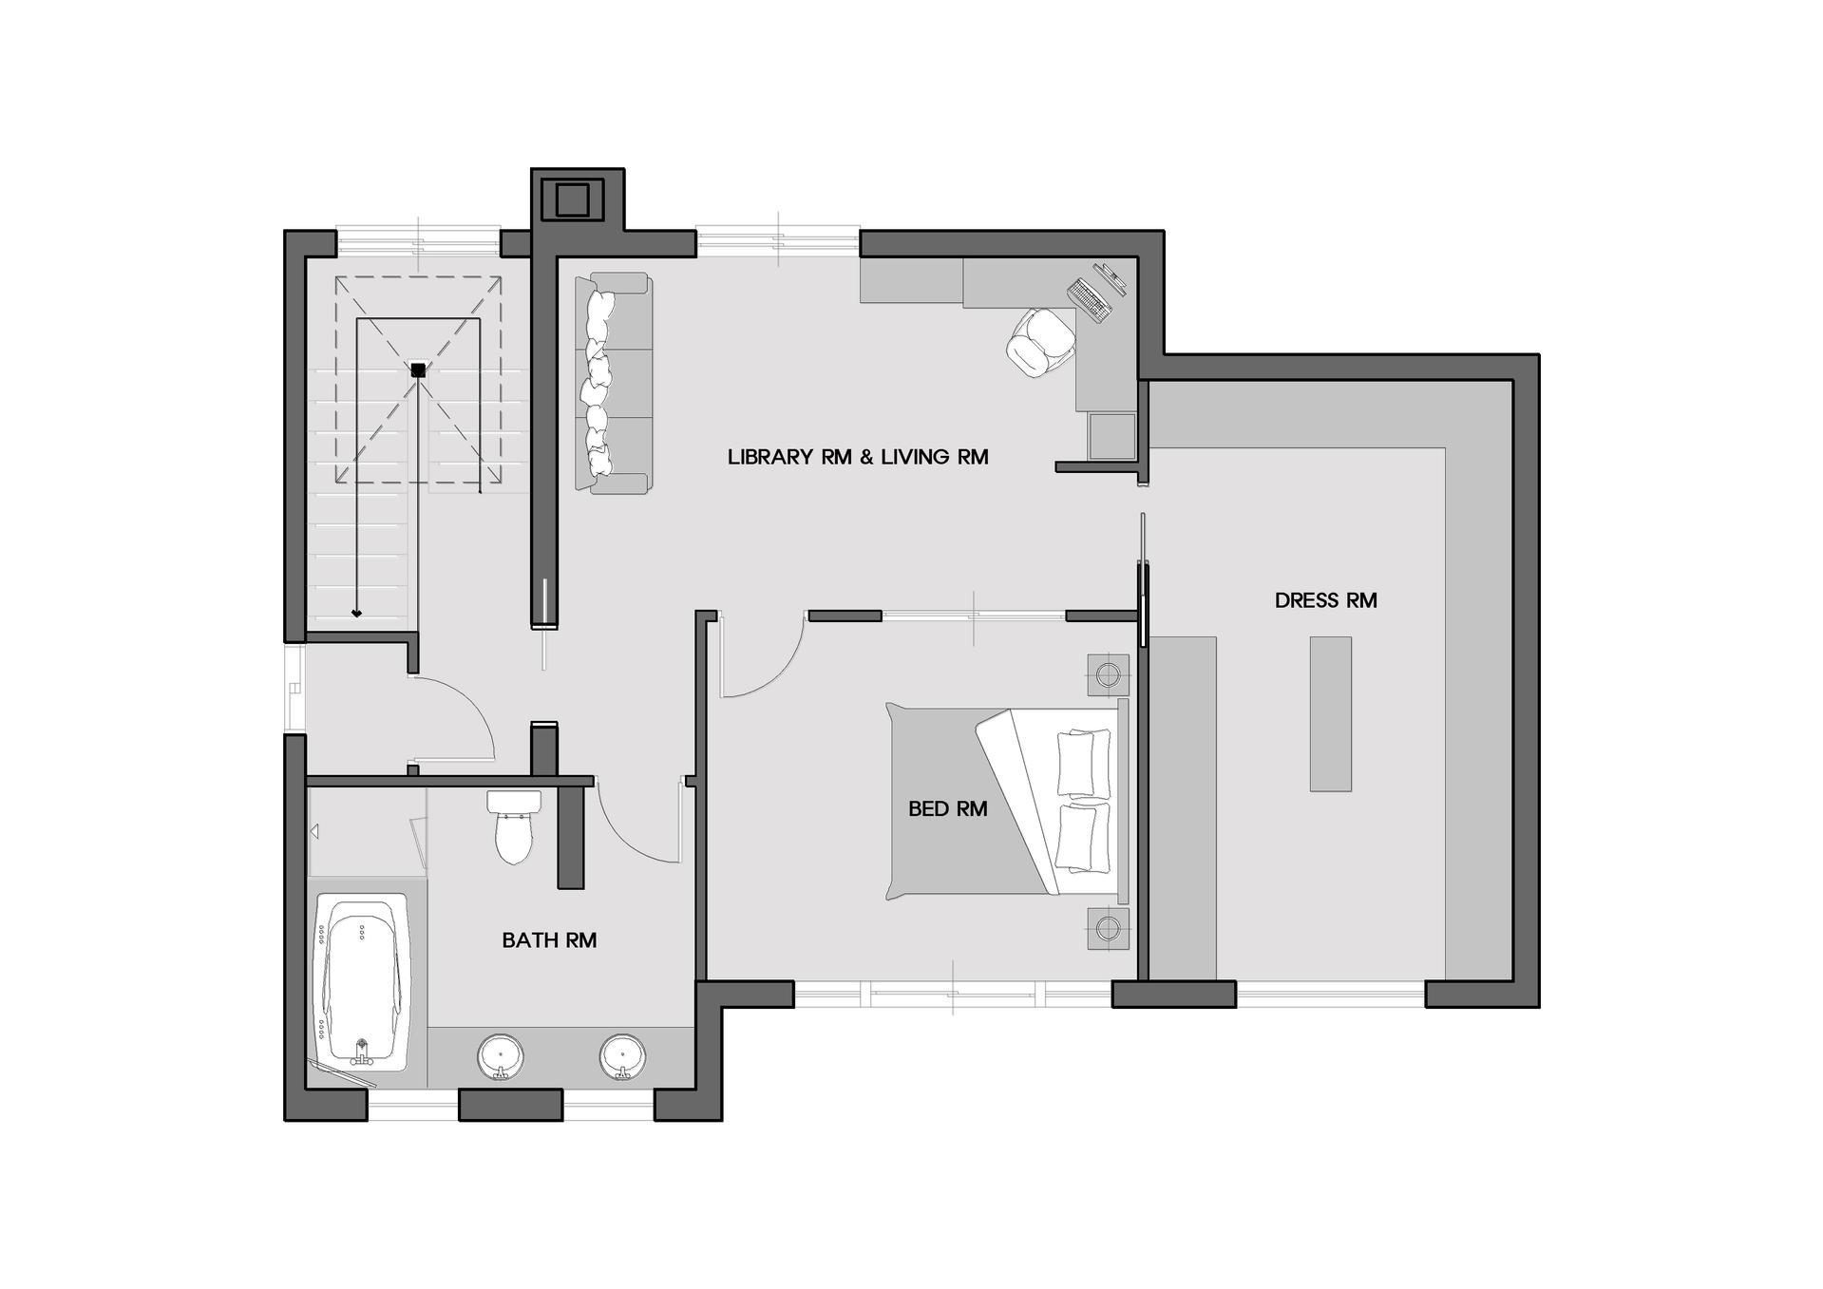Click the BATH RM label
[549, 940]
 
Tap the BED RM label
[947, 809]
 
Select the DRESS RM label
[1325, 600]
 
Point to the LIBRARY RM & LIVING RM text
[858, 457]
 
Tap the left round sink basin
[500, 1056]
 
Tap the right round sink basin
[622, 1056]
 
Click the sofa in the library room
[614, 383]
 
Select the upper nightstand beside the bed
[1109, 675]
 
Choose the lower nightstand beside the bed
[1109, 928]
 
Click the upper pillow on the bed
[1084, 764]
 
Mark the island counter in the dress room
[1330, 713]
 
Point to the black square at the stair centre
[418, 370]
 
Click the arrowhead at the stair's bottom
[356, 614]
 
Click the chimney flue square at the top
[573, 200]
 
